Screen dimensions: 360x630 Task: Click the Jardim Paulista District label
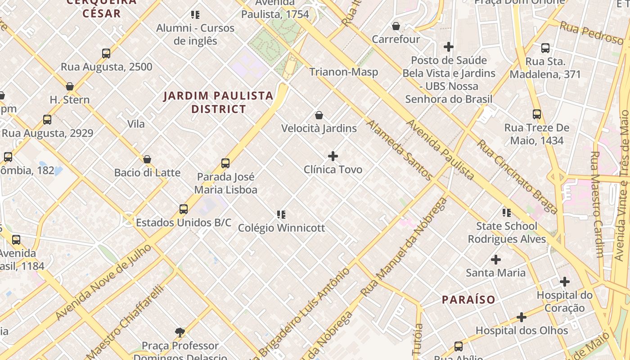pos(219,102)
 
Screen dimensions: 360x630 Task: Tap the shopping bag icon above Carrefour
pos(396,27)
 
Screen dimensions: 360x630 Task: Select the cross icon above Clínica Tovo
pos(333,156)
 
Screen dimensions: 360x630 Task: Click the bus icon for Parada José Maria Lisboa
pos(225,163)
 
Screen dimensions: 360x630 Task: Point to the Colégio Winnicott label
pos(281,228)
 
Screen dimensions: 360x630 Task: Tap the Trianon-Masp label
pos(343,72)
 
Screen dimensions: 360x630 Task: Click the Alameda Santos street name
pos(399,150)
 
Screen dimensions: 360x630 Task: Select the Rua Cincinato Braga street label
pos(517,176)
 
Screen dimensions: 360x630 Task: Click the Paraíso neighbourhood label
pos(468,300)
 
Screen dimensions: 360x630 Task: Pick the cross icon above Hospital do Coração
pos(565,282)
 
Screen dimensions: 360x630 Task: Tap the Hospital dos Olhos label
pos(522,331)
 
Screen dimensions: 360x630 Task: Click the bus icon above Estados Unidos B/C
pos(184,209)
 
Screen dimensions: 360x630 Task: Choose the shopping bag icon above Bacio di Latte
pos(147,159)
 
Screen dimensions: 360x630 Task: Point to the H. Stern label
pos(70,100)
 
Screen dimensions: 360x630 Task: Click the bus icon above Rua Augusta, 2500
pos(106,54)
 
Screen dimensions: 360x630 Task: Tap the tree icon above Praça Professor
pos(180,333)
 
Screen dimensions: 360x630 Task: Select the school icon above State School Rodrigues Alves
pos(507,213)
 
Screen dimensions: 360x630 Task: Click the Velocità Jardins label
pos(319,129)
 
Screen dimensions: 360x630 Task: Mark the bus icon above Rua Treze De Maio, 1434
pos(536,114)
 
